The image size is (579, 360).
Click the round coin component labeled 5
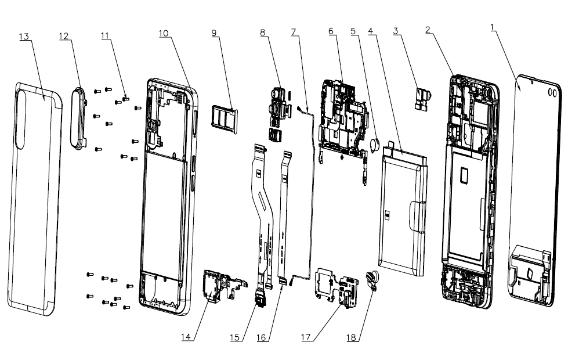tap(375, 144)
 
